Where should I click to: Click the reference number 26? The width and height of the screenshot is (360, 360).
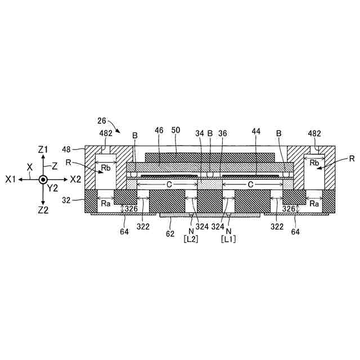tap(101, 120)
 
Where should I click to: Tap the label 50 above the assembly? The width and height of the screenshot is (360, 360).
tap(175, 130)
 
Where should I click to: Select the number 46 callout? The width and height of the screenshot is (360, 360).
tap(159, 130)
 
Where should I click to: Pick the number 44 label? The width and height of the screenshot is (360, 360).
tap(256, 130)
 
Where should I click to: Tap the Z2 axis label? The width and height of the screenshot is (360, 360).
tap(43, 209)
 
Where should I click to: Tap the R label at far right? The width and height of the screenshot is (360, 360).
tap(352, 159)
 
